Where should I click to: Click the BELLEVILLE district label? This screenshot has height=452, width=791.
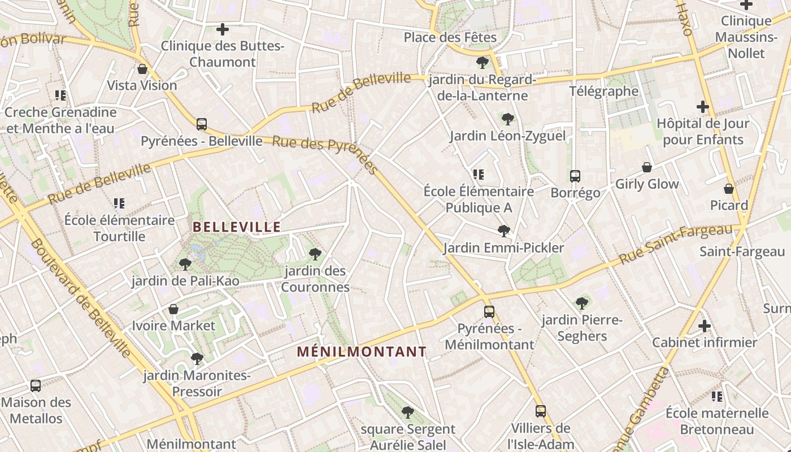pyautogui.click(x=237, y=227)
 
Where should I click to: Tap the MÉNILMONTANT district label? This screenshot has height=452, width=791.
pyautogui.click(x=362, y=351)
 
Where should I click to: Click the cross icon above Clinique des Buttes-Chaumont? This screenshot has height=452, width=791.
pyautogui.click(x=223, y=29)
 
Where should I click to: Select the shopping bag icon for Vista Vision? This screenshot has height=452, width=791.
pyautogui.click(x=142, y=69)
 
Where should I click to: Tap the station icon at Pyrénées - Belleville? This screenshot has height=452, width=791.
pyautogui.click(x=202, y=124)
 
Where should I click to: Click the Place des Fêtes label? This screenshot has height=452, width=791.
pyautogui.click(x=450, y=37)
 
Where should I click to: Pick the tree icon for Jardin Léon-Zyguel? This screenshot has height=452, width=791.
pyautogui.click(x=507, y=119)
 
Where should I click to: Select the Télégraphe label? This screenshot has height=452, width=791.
pyautogui.click(x=603, y=91)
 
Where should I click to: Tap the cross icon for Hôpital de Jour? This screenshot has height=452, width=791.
pyautogui.click(x=702, y=106)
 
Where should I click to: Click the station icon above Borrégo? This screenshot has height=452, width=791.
pyautogui.click(x=575, y=176)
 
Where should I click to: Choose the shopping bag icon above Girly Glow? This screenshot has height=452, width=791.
pyautogui.click(x=647, y=167)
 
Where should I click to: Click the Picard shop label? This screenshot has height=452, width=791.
pyautogui.click(x=729, y=205)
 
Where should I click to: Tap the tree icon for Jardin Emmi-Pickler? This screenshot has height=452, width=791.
pyautogui.click(x=503, y=231)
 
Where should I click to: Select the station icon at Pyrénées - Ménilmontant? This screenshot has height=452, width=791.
pyautogui.click(x=489, y=312)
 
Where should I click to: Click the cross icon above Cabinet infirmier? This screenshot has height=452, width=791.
pyautogui.click(x=704, y=326)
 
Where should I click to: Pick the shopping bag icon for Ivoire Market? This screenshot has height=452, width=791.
pyautogui.click(x=173, y=309)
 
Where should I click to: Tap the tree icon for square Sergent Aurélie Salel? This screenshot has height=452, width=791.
pyautogui.click(x=408, y=412)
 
